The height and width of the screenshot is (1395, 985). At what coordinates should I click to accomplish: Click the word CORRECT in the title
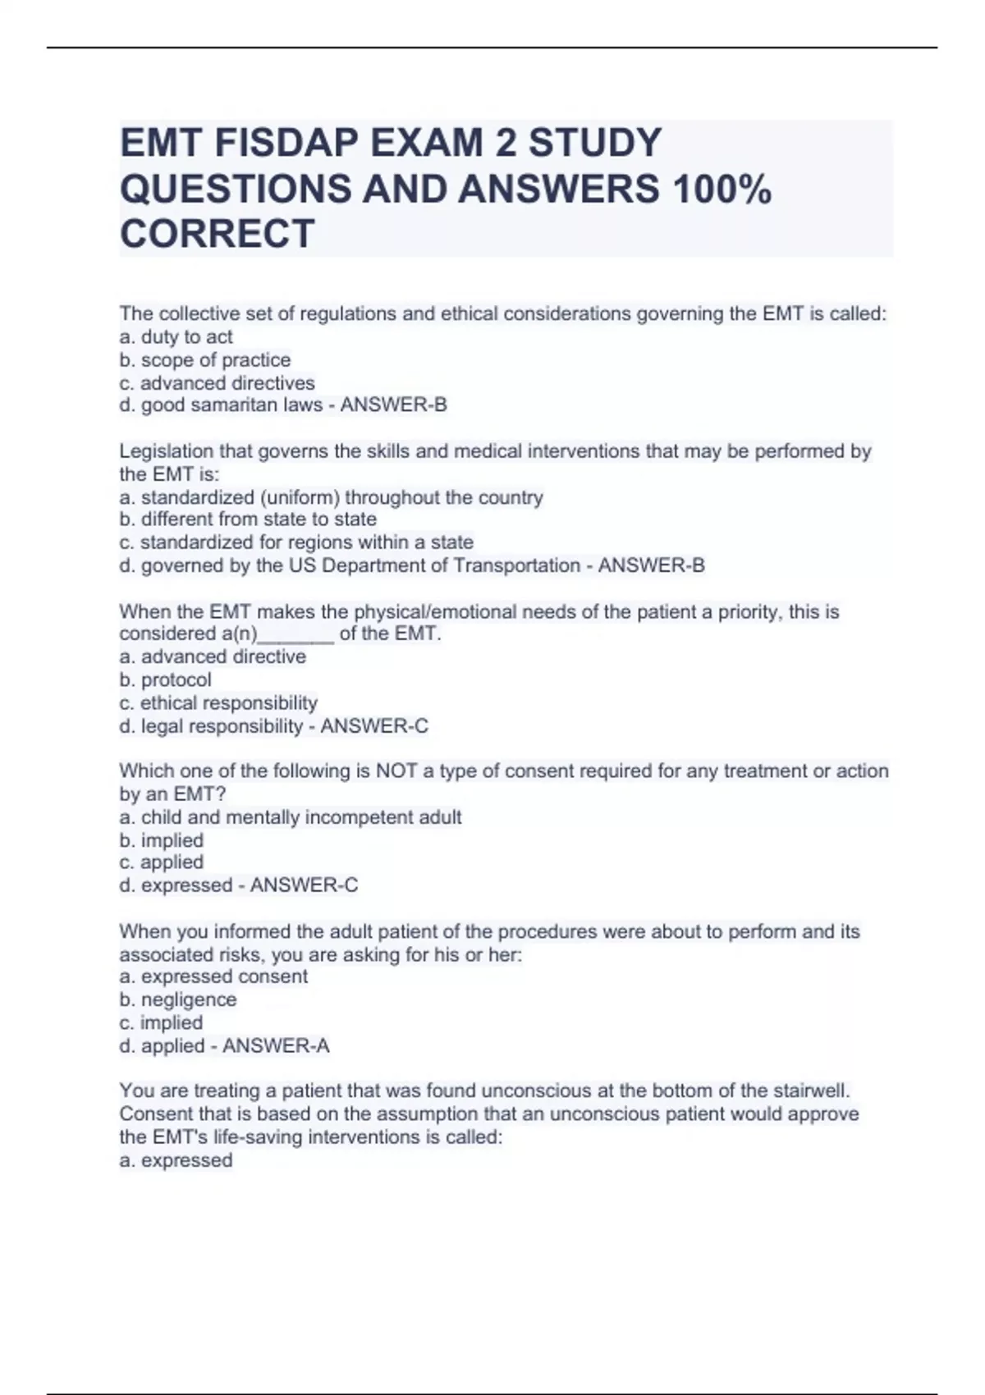(218, 233)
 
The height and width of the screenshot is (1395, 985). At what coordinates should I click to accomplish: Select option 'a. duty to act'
(176, 337)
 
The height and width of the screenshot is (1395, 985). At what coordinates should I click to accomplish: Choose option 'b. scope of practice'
(204, 360)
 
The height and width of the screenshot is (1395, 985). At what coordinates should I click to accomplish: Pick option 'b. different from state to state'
(248, 519)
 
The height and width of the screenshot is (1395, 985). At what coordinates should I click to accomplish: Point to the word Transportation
(514, 565)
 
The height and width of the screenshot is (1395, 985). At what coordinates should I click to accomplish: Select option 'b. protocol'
(165, 680)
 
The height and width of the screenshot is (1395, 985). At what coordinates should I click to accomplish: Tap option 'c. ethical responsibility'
(218, 703)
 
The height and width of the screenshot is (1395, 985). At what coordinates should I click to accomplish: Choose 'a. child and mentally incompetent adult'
(291, 817)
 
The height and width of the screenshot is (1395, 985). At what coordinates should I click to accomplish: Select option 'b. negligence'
(178, 999)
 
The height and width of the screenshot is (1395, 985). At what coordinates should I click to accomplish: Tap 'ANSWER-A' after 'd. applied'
(277, 1046)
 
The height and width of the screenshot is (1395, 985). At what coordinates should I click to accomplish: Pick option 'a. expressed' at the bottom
(176, 1160)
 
